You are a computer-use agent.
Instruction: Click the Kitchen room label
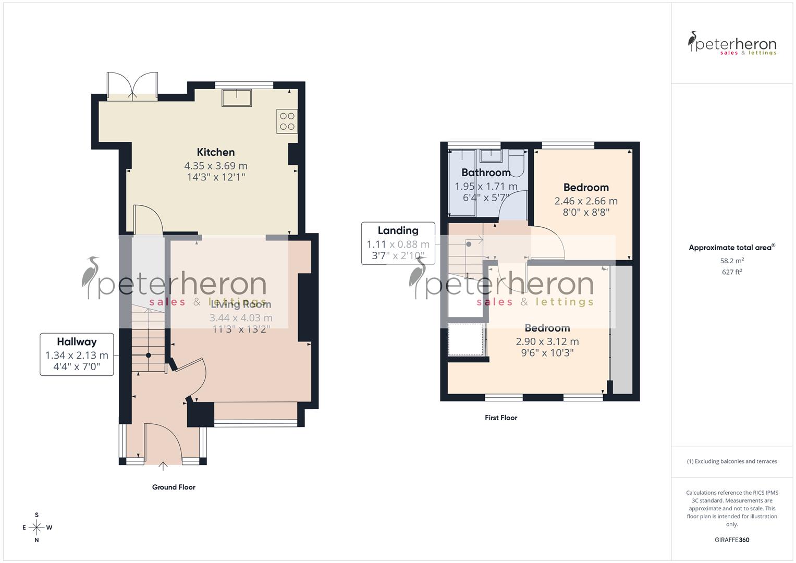[x=215, y=152]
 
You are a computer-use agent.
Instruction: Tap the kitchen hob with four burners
[x=287, y=121]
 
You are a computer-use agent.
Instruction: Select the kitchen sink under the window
[x=237, y=97]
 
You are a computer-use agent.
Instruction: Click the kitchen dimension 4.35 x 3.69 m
[x=215, y=166]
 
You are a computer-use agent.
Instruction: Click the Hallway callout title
[x=77, y=342]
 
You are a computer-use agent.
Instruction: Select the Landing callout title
[x=398, y=230]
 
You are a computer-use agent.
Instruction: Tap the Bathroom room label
[x=486, y=173]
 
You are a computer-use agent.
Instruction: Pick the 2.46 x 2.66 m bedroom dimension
[x=586, y=201]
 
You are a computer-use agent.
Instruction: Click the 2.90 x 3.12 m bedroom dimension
[x=547, y=342]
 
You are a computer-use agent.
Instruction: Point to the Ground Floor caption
[x=174, y=487]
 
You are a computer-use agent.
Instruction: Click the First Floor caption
[x=500, y=418]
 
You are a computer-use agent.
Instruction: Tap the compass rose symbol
[x=36, y=528]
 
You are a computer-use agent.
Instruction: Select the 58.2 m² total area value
[x=732, y=261]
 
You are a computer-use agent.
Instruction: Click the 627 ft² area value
[x=732, y=272]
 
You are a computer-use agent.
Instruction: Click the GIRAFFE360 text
[x=732, y=540]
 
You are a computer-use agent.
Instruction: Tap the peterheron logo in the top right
[x=732, y=44]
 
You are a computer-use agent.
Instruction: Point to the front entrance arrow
[x=163, y=466]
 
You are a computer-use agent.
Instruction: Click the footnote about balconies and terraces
[x=732, y=461]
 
